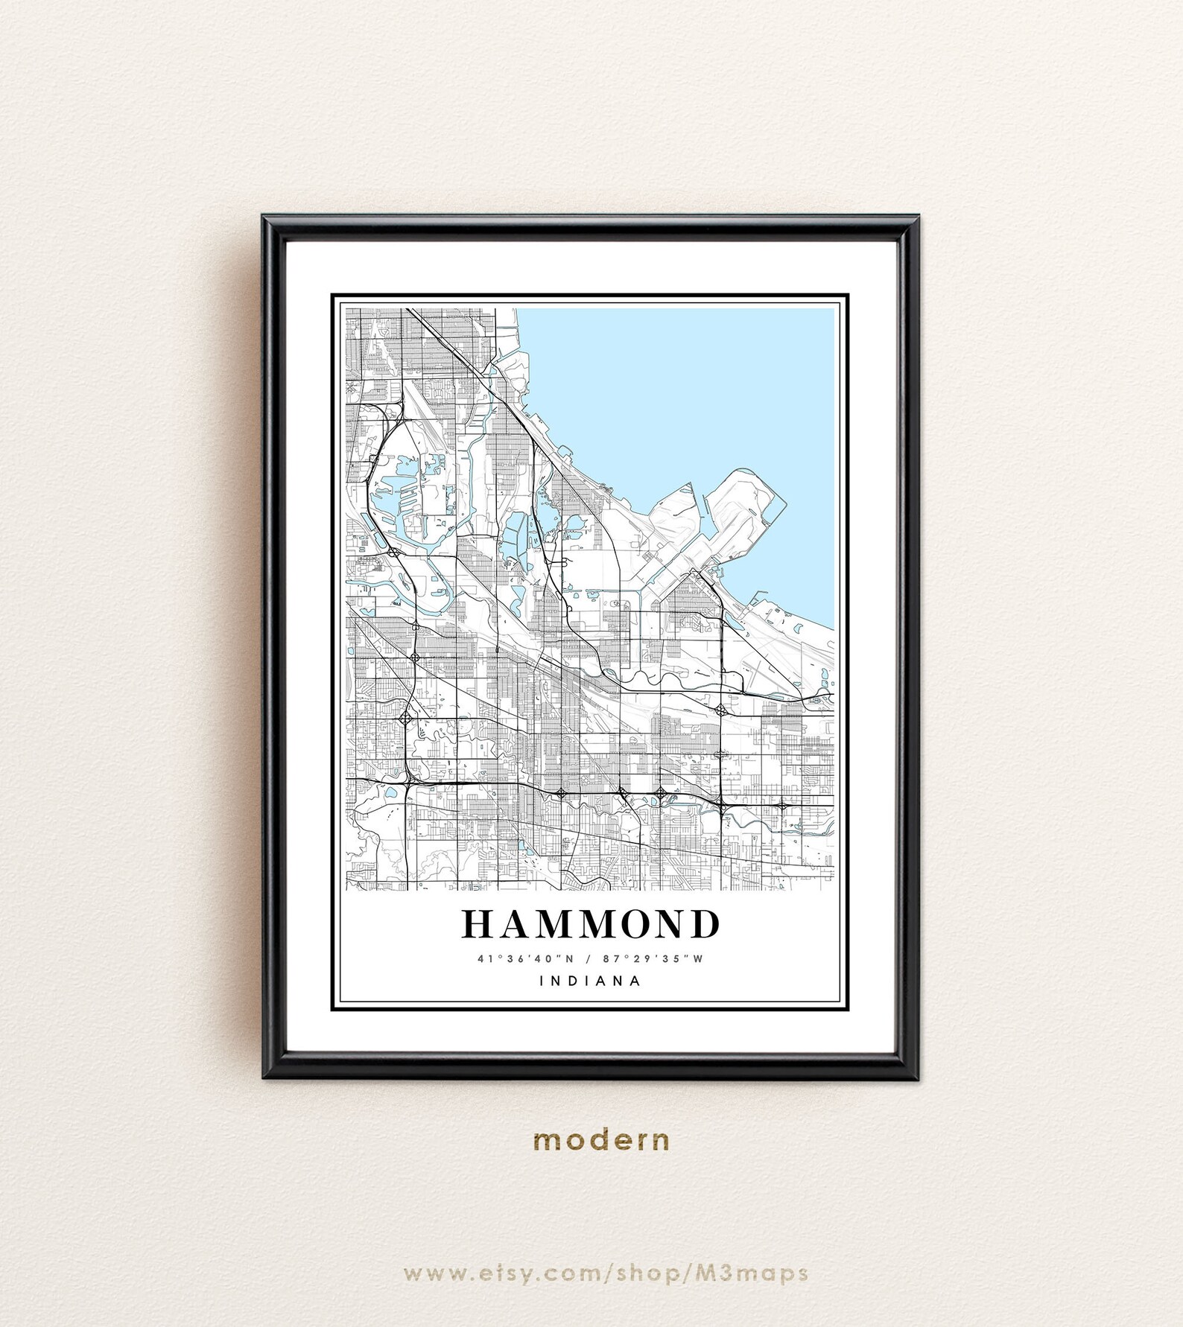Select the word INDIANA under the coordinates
coord(591,981)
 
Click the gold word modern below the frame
coord(601,1140)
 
